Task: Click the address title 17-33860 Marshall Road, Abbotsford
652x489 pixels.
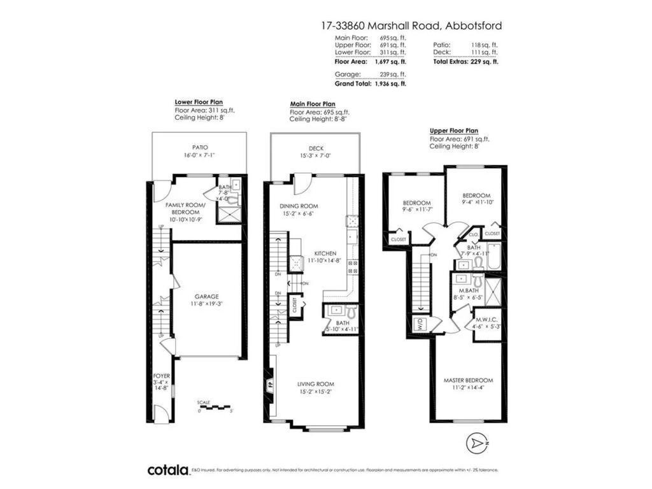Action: (x=411, y=26)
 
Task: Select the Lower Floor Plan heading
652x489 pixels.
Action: (x=199, y=102)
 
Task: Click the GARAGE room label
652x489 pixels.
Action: (x=207, y=297)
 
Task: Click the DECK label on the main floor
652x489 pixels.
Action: (x=316, y=148)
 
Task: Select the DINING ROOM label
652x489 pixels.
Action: (x=299, y=206)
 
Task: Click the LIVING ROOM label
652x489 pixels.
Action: (x=316, y=384)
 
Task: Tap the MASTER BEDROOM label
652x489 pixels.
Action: (x=468, y=381)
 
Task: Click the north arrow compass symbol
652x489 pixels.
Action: (x=476, y=441)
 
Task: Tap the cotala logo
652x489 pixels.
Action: (x=168, y=470)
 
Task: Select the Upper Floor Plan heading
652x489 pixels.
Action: (x=453, y=130)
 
